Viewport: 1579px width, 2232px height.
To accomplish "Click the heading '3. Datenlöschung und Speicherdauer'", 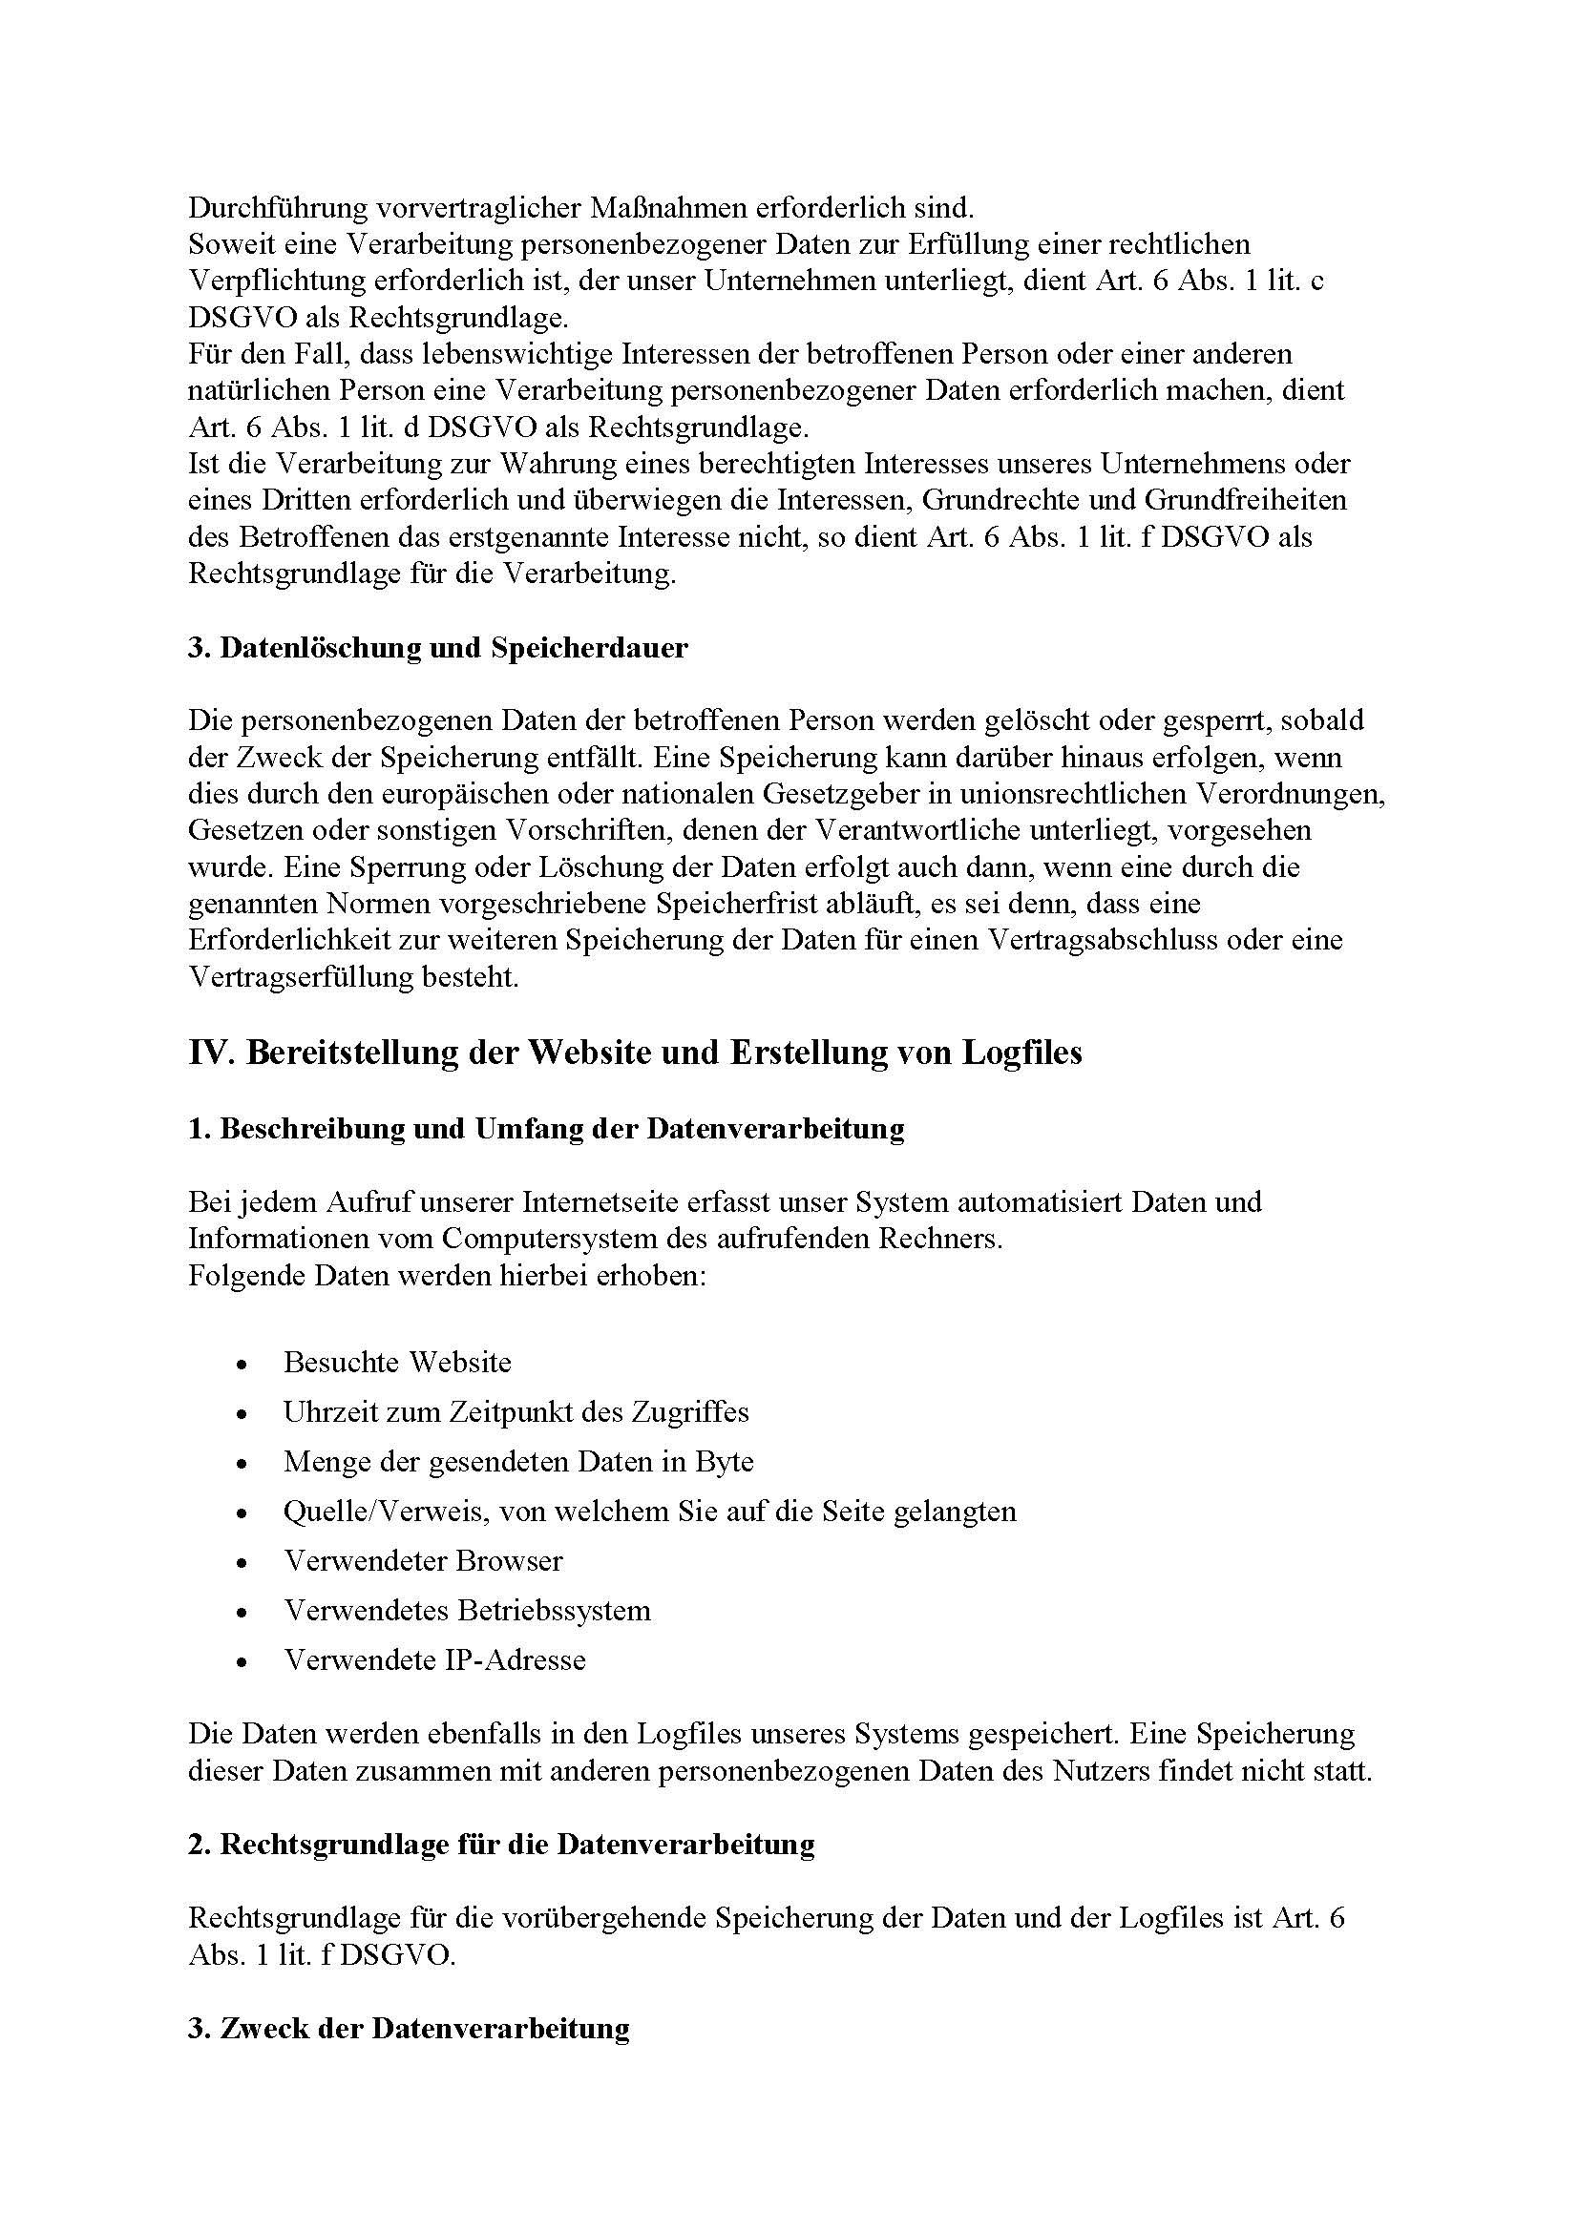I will pyautogui.click(x=437, y=648).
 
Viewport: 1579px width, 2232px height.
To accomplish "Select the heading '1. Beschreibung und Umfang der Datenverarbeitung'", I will pyautogui.click(x=545, y=1129).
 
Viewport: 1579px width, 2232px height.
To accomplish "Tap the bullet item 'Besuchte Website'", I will pyautogui.click(x=397, y=1362).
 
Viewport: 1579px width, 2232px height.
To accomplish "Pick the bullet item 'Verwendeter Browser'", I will pyautogui.click(x=423, y=1561).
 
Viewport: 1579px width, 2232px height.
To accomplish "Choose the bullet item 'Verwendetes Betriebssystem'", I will pyautogui.click(x=467, y=1611).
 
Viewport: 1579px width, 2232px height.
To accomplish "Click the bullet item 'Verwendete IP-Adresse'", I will pyautogui.click(x=434, y=1660).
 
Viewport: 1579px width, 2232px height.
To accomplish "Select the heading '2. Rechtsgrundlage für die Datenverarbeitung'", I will pyautogui.click(x=501, y=1846).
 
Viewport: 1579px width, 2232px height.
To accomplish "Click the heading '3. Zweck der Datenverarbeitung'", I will pyautogui.click(x=409, y=2030).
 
